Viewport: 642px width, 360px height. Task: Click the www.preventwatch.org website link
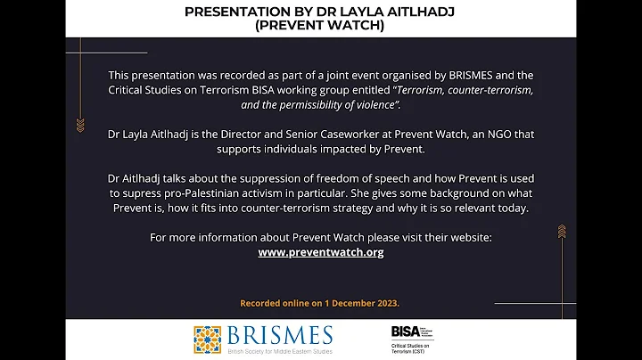click(321, 252)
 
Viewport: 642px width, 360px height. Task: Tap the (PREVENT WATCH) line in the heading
click(320, 26)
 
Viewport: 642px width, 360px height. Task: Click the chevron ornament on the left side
click(80, 125)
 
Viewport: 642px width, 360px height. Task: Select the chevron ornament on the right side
click(562, 232)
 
